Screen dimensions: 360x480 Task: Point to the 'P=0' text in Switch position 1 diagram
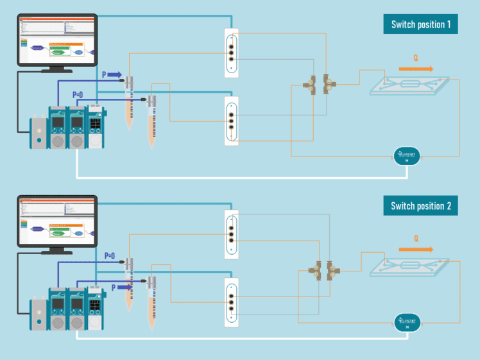78,95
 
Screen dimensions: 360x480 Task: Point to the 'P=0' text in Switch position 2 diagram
110,255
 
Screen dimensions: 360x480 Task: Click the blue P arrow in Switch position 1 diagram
113,75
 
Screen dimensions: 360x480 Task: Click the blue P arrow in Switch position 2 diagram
123,287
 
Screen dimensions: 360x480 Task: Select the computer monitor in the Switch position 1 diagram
56,40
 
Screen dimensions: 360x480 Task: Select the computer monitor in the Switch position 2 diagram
56,221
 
